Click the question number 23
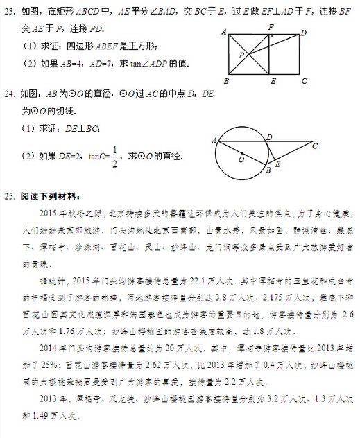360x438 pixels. [x=10, y=11]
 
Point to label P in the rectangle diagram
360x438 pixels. [x=241, y=54]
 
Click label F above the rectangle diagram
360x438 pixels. [x=271, y=26]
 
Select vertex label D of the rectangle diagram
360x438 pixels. [x=304, y=33]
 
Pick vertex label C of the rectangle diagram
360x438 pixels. [x=303, y=80]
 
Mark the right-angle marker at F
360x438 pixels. [x=272, y=35]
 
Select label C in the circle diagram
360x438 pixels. [x=314, y=146]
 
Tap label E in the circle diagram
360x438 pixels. [x=278, y=164]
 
